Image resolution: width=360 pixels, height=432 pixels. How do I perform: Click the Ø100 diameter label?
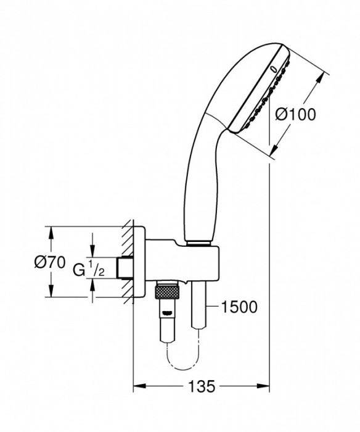295,115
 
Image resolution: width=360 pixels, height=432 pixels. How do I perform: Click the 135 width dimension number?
202,387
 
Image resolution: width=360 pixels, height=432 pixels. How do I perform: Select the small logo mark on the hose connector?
165,310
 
